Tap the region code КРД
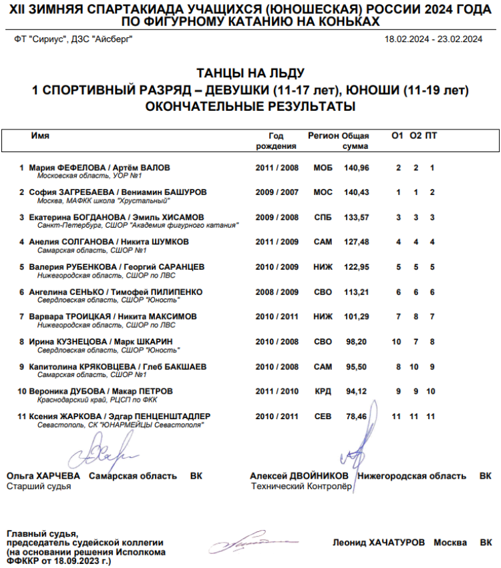(x=323, y=391)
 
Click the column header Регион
(x=323, y=135)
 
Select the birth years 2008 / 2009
(x=277, y=292)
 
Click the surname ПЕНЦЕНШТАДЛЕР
(x=174, y=416)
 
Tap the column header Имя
(x=40, y=135)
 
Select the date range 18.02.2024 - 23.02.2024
(x=433, y=39)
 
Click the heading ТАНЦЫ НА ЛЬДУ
(x=251, y=73)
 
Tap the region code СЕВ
(x=323, y=416)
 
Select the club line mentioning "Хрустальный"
(x=104, y=200)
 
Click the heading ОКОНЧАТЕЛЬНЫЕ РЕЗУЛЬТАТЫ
(x=251, y=106)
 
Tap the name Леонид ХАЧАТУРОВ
(x=378, y=543)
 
